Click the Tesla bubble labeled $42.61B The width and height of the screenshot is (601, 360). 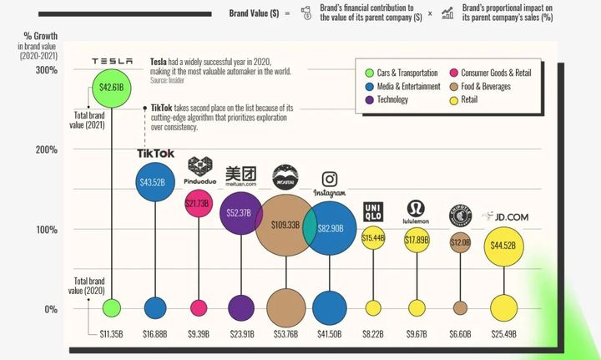coord(111,87)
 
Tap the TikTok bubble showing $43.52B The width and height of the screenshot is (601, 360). coord(155,182)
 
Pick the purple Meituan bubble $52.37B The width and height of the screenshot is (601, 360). coord(240,213)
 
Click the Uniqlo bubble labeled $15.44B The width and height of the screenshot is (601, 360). coord(372,239)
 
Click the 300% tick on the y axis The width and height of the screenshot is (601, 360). coord(47,70)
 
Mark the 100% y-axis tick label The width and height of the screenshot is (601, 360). coord(47,230)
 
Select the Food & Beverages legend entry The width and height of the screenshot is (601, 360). coord(485,86)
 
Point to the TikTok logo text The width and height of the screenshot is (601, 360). coord(155,153)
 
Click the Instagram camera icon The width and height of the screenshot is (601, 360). coord(330,180)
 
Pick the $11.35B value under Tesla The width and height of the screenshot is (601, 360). coord(111,334)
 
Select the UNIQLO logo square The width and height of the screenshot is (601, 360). coord(371,213)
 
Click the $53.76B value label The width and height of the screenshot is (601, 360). coord(285,334)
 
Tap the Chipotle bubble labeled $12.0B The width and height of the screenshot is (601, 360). coord(460,242)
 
